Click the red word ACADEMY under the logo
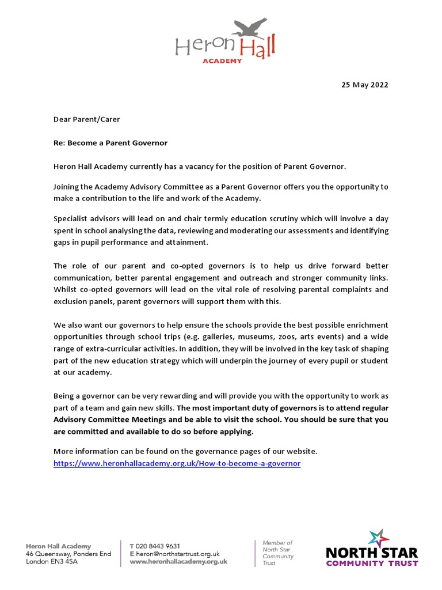tap(222, 60)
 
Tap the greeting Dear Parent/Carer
tap(87, 119)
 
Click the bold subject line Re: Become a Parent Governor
tap(110, 143)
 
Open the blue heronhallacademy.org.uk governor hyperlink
tap(177, 463)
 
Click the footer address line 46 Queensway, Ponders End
tap(68, 554)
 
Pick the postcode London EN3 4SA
tap(52, 561)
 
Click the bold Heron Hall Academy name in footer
tap(58, 546)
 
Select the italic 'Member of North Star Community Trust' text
tap(278, 553)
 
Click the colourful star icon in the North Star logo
tap(380, 538)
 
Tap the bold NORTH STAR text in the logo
tap(372, 553)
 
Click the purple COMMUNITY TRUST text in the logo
tap(372, 563)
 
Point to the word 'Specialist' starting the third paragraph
tap(72, 219)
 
